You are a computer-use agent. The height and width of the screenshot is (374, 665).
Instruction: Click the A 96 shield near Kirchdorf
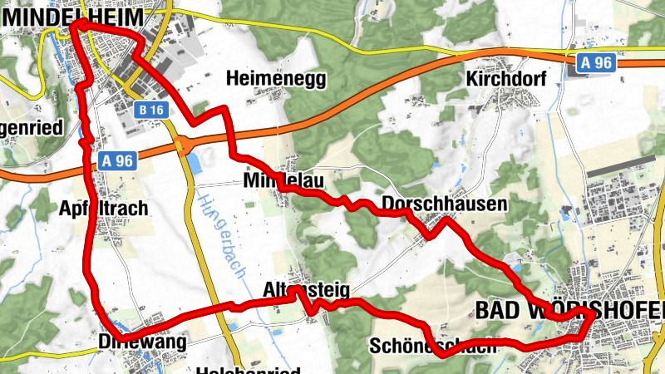point(596,62)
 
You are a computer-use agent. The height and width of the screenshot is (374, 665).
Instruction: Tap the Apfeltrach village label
point(103,208)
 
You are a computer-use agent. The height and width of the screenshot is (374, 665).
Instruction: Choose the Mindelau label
point(283,180)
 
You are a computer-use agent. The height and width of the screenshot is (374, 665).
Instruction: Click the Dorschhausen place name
point(444,204)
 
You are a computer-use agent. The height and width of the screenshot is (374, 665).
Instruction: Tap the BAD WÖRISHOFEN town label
point(570,310)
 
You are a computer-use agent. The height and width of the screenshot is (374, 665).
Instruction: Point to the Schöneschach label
point(433,344)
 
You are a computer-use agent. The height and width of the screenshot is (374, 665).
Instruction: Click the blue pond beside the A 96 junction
point(195,161)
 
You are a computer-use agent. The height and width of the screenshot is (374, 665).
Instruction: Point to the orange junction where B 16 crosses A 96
point(181,147)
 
